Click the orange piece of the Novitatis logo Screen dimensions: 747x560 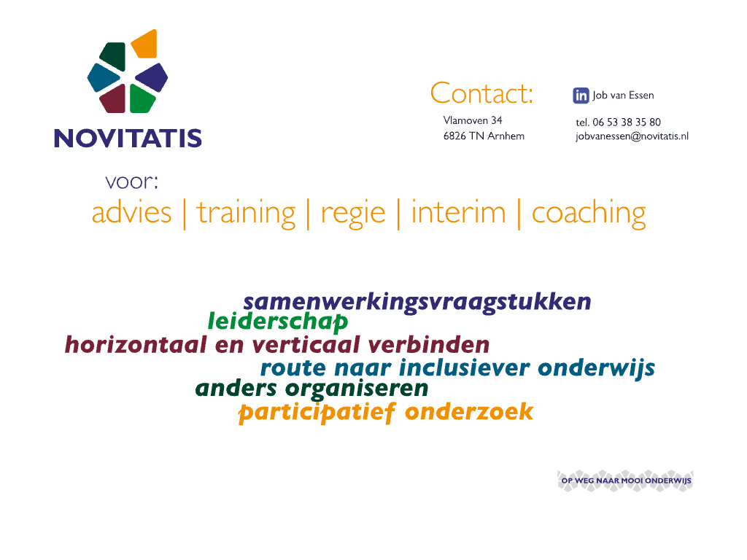(x=145, y=44)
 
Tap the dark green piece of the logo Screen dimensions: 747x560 (x=113, y=56)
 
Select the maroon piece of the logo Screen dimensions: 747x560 (x=113, y=99)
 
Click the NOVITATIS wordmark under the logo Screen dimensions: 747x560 (x=128, y=138)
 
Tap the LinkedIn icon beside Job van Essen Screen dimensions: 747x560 (x=581, y=96)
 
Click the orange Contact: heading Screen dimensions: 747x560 (x=481, y=93)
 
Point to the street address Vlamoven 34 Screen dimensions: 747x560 (x=473, y=120)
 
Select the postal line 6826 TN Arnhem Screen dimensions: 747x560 (x=484, y=136)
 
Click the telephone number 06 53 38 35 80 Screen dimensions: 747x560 (x=627, y=122)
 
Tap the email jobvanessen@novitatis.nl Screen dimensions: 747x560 (x=632, y=136)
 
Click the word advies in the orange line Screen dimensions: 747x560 (x=131, y=212)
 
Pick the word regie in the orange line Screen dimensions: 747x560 (x=353, y=214)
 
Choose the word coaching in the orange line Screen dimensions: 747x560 (x=589, y=214)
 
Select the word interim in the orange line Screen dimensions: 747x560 (x=458, y=212)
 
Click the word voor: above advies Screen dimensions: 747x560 (x=131, y=182)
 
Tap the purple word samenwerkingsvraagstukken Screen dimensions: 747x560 (x=417, y=303)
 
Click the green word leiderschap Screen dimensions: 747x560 (x=278, y=322)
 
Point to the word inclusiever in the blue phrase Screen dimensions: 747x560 (x=465, y=367)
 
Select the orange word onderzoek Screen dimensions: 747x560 (x=469, y=411)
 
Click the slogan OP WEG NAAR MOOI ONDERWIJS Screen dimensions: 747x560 (x=626, y=481)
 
